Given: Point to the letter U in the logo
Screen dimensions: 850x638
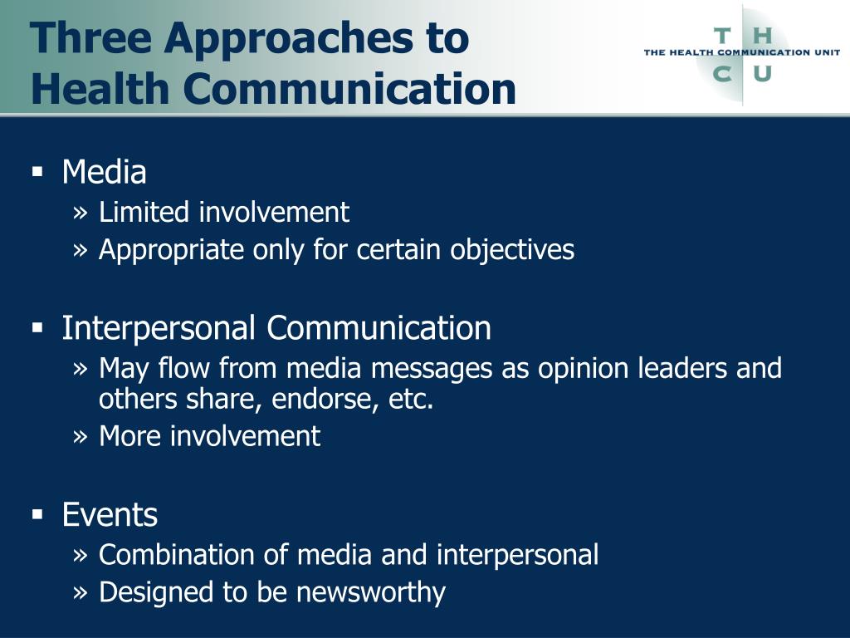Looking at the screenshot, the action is (x=763, y=73).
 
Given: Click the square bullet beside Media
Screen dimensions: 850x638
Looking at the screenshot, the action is (x=37, y=173).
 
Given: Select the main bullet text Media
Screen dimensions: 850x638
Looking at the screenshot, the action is (x=104, y=172).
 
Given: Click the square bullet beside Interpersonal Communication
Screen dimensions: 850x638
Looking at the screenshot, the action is (x=37, y=328).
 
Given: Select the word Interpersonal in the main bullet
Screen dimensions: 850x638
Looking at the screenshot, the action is (x=159, y=329).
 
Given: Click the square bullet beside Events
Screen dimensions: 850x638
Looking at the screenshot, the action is (x=37, y=515).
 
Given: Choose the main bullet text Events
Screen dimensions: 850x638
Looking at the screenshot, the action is (x=110, y=514).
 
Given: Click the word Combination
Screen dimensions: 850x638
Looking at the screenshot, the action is (x=177, y=554).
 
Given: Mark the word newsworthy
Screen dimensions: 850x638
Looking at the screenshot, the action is (x=371, y=592).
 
